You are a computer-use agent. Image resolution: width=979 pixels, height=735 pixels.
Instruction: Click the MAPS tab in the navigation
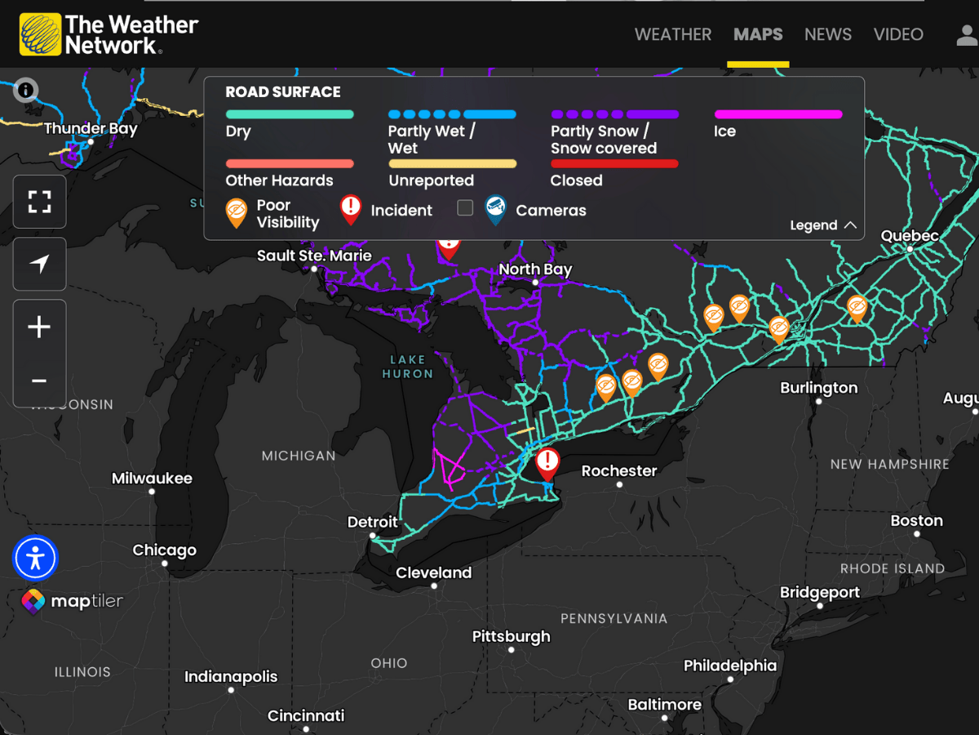point(758,34)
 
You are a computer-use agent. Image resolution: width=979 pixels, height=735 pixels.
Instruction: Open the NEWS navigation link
point(827,34)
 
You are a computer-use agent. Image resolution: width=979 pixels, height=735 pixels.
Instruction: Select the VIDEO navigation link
point(898,34)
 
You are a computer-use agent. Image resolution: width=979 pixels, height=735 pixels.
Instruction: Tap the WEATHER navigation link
point(673,34)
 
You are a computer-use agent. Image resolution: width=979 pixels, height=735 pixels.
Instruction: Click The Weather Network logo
point(109,34)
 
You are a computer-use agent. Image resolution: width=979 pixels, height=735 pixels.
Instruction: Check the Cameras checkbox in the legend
point(465,208)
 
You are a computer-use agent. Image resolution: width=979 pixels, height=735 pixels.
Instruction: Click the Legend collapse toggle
point(822,225)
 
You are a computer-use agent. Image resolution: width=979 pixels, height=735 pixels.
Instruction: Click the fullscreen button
point(39,202)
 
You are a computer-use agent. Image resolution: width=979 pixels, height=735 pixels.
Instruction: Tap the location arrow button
point(39,264)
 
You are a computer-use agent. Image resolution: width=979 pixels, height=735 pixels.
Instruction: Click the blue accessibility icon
point(35,558)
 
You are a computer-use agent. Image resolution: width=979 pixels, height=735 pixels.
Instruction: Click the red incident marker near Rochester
point(547,462)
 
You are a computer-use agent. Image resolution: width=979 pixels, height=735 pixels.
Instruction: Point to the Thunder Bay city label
point(91,129)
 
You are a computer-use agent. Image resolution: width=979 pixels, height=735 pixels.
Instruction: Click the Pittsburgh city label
point(512,637)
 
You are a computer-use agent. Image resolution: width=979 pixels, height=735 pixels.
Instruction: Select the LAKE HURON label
point(407,367)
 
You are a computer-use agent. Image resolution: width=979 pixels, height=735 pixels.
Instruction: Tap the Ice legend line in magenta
point(778,115)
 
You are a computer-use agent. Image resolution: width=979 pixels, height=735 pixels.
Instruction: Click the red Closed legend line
point(614,164)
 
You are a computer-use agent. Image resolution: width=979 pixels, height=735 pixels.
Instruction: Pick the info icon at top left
point(26,90)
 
